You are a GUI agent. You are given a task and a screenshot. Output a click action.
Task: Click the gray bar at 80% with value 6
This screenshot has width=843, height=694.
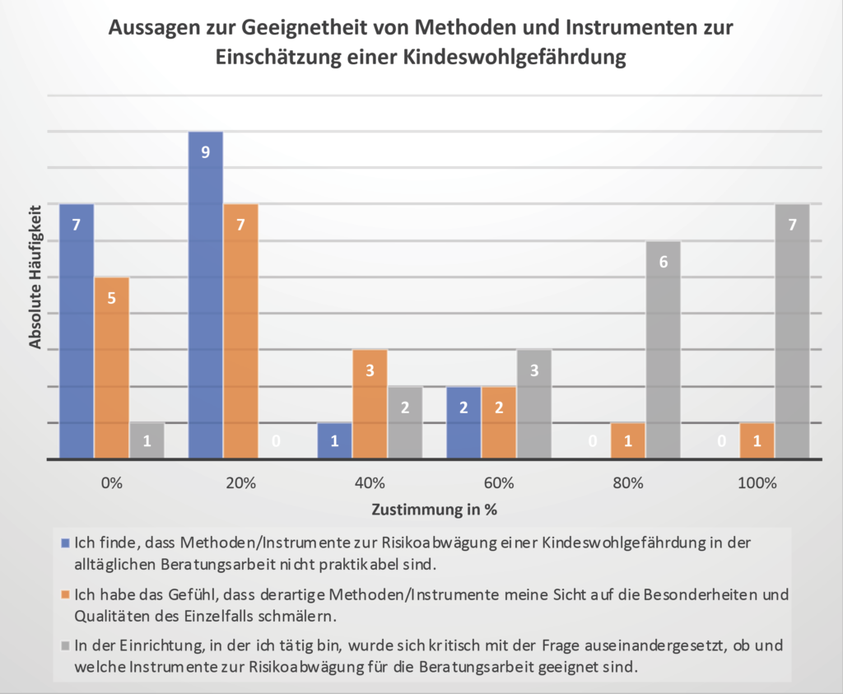pyautogui.click(x=664, y=350)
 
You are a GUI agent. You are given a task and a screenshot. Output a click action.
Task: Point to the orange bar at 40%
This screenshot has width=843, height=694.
pyautogui.click(x=370, y=404)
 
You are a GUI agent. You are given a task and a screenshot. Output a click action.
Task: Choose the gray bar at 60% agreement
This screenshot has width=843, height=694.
pyautogui.click(x=534, y=404)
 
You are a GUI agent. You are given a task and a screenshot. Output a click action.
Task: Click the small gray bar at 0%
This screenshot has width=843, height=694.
pyautogui.click(x=147, y=440)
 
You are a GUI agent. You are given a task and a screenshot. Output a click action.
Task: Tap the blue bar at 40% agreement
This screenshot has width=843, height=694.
pyautogui.click(x=334, y=440)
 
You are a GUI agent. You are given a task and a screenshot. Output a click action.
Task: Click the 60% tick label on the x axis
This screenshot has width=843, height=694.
pyautogui.click(x=499, y=483)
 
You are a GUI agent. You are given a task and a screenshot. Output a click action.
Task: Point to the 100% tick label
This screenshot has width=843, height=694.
pyautogui.click(x=757, y=483)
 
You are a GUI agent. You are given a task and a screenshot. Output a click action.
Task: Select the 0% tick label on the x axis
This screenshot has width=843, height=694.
pyautogui.click(x=112, y=483)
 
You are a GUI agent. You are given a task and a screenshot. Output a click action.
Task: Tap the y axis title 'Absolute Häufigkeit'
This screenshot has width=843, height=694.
pyautogui.click(x=36, y=277)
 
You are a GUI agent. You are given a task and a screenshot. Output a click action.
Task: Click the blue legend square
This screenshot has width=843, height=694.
pyautogui.click(x=66, y=543)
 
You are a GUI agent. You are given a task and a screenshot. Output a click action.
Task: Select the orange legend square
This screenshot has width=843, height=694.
pyautogui.click(x=66, y=594)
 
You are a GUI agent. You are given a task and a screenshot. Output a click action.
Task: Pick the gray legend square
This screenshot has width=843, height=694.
pyautogui.click(x=66, y=645)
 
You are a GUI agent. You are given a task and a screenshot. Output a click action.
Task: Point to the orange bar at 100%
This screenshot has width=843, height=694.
pyautogui.click(x=757, y=440)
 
